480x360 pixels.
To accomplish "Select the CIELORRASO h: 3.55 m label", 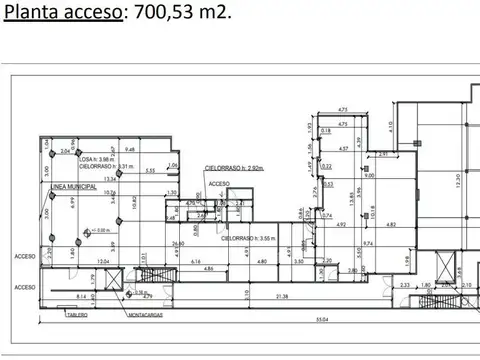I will coord(249,239).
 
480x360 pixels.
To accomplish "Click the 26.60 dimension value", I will coord(177,243).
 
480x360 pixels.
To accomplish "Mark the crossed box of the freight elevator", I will coord(117,282).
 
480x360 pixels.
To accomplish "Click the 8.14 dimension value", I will coord(81,298).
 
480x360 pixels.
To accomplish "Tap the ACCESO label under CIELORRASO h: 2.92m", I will coord(219,185).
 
